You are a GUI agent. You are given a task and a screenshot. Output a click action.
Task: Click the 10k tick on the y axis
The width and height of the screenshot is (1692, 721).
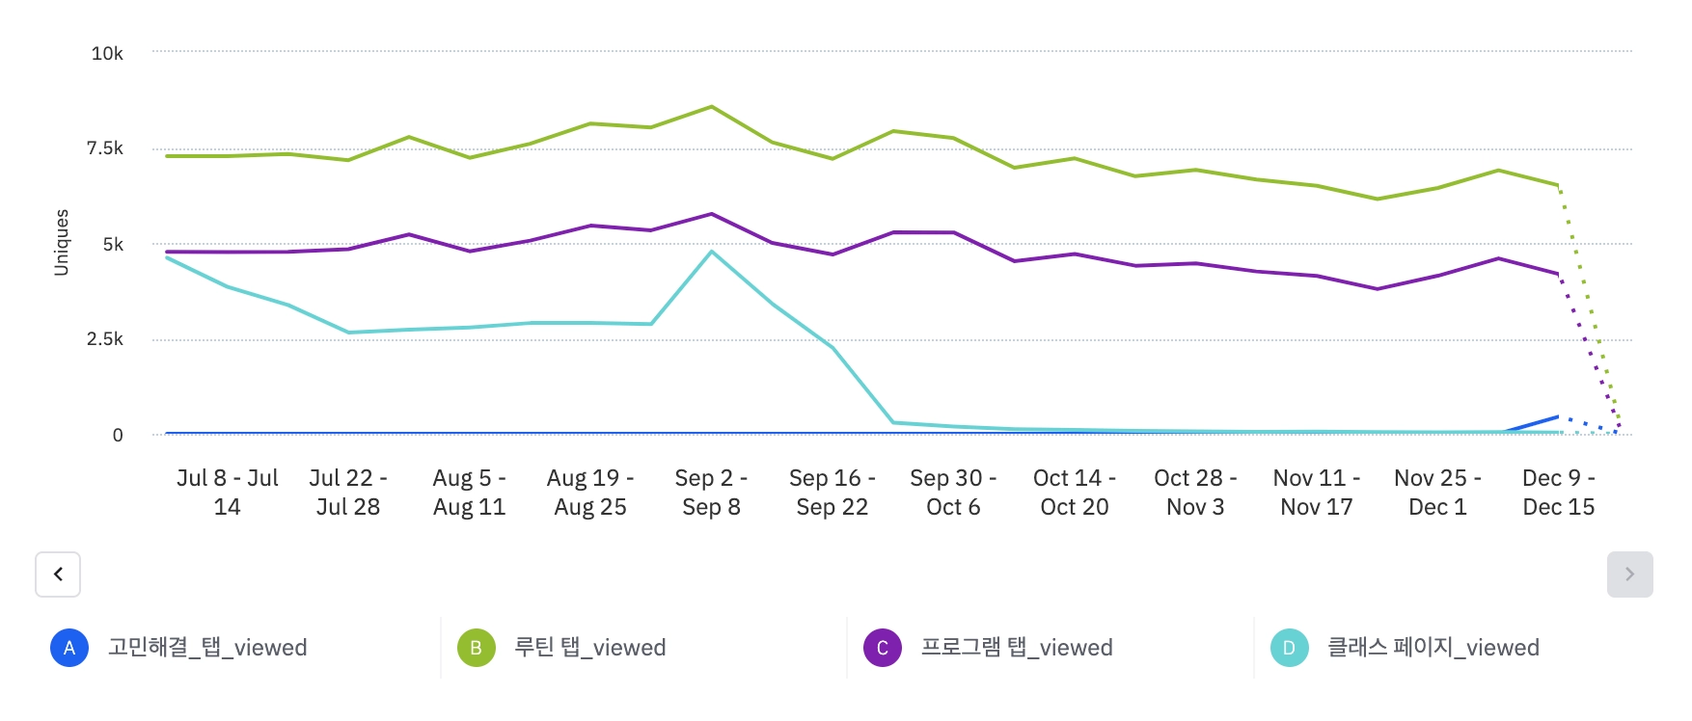107,54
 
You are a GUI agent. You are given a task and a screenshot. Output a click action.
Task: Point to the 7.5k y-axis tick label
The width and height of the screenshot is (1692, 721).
105,148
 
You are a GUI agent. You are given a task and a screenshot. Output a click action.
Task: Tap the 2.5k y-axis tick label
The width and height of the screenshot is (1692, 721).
105,339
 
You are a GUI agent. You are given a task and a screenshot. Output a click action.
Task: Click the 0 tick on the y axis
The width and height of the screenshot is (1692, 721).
118,436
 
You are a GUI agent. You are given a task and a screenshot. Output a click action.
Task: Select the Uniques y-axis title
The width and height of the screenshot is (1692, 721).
62,243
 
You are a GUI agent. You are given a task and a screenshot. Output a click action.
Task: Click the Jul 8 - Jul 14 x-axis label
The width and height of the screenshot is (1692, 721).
228,493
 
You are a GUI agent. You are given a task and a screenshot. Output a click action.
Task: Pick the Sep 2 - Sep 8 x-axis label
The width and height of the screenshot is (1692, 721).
711,493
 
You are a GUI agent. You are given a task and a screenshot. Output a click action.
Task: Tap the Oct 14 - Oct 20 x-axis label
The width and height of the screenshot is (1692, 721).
1074,493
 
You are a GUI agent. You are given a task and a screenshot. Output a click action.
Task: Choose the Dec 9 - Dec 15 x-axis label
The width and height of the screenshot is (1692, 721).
1558,493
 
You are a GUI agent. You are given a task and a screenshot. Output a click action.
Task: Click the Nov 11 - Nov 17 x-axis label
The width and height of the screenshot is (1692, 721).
1316,493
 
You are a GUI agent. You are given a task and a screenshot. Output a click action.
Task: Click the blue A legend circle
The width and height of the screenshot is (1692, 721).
69,648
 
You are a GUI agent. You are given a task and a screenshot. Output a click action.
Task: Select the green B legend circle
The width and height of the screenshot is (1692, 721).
476,648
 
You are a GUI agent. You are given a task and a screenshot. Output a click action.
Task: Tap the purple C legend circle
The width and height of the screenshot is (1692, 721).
883,648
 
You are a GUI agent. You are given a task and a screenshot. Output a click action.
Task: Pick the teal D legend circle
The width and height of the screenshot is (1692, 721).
1289,648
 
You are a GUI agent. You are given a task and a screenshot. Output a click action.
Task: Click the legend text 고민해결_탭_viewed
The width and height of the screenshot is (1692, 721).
207,648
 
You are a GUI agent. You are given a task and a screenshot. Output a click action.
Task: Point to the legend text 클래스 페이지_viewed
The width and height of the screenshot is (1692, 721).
1433,648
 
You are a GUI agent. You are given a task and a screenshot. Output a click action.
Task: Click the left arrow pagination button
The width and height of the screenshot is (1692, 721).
58,574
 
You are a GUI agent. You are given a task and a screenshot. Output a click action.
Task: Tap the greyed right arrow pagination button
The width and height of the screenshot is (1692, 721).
1629,574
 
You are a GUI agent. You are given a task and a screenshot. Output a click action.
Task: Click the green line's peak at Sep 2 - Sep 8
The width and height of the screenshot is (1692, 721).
711,106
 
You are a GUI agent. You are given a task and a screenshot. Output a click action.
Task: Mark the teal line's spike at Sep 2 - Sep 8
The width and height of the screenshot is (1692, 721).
711,252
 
